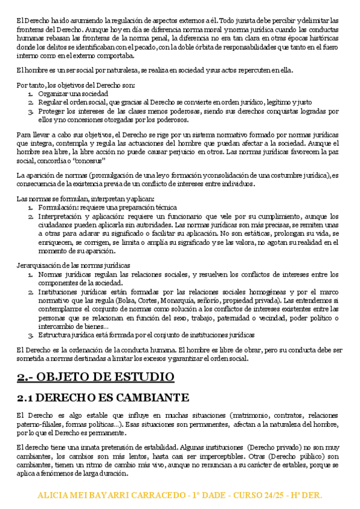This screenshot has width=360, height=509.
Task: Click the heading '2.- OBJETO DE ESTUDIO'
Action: pyautogui.click(x=95, y=377)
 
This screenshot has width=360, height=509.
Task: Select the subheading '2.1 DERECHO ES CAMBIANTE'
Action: pyautogui.click(x=103, y=397)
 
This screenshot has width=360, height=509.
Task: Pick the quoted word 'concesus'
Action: pyautogui.click(x=90, y=161)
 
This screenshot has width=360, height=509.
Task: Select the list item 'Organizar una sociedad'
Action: pyautogui.click(x=73, y=94)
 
